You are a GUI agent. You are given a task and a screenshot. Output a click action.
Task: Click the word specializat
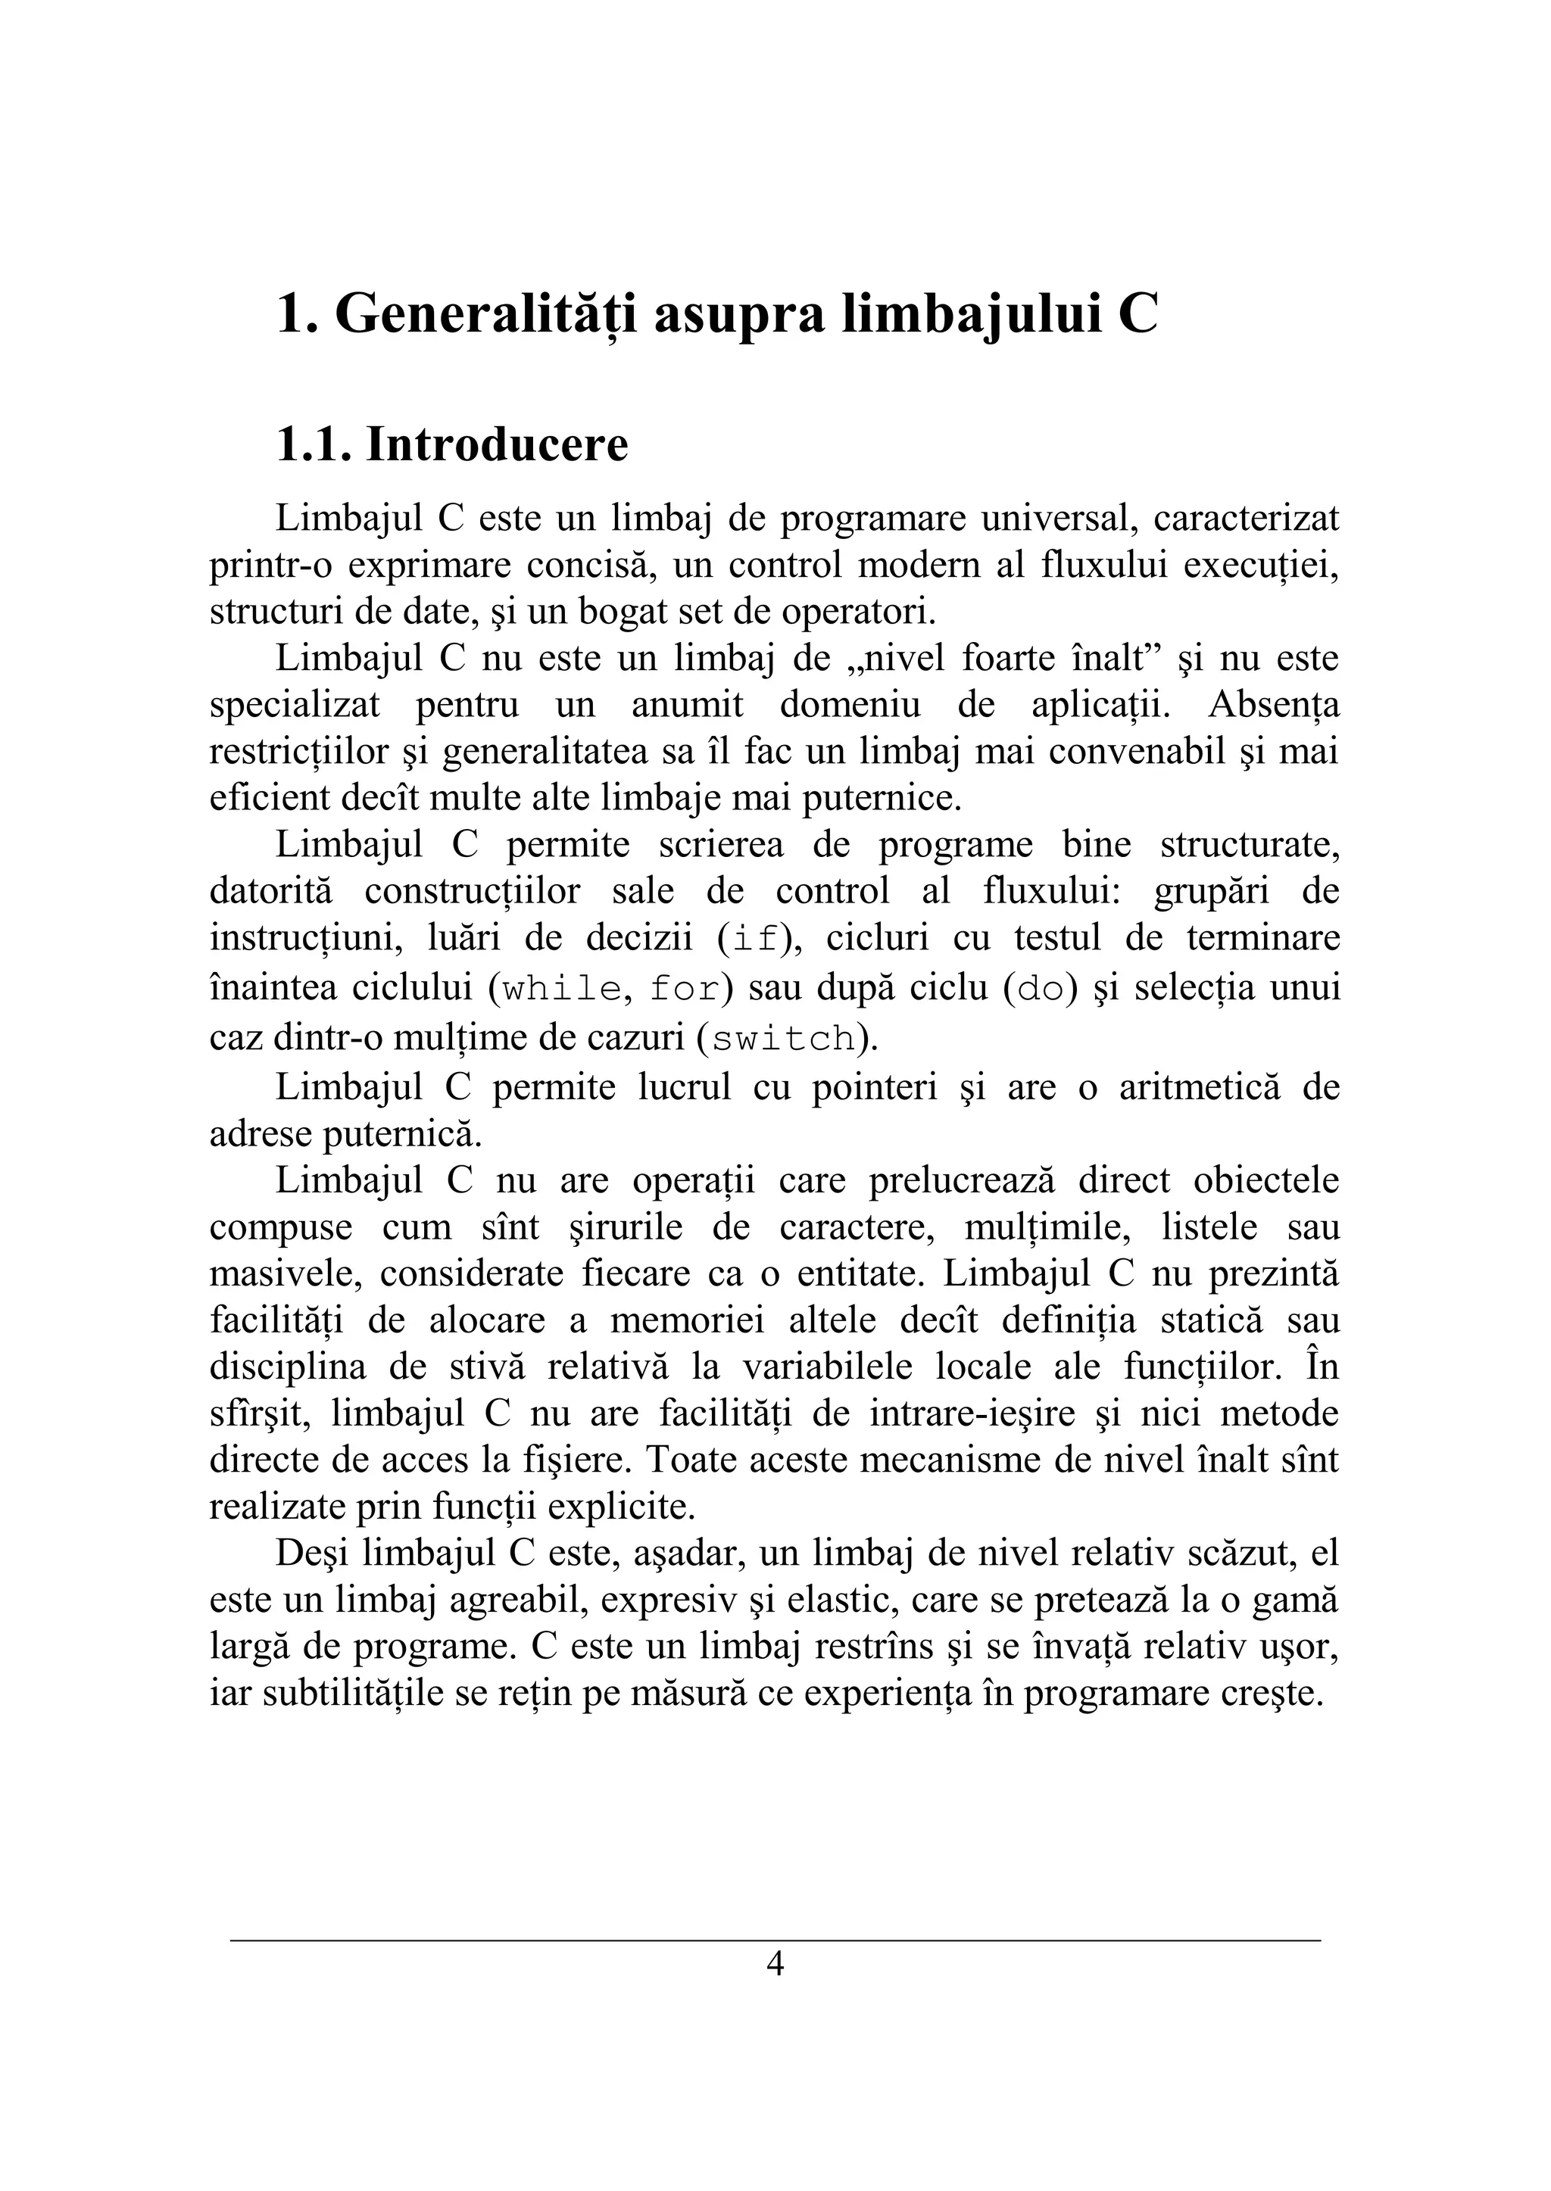(x=294, y=705)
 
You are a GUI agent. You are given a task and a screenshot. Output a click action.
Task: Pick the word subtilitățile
(x=354, y=1693)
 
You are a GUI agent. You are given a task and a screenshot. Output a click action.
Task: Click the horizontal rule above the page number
(x=775, y=1940)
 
